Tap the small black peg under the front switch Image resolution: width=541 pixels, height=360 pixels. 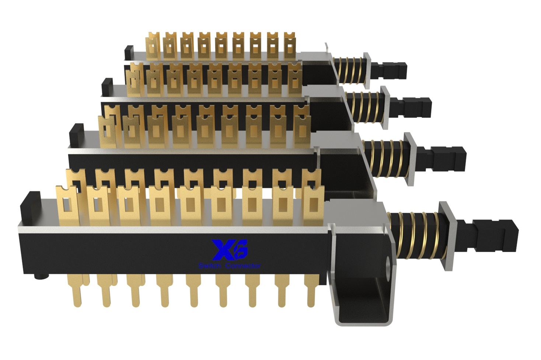coord(42,276)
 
